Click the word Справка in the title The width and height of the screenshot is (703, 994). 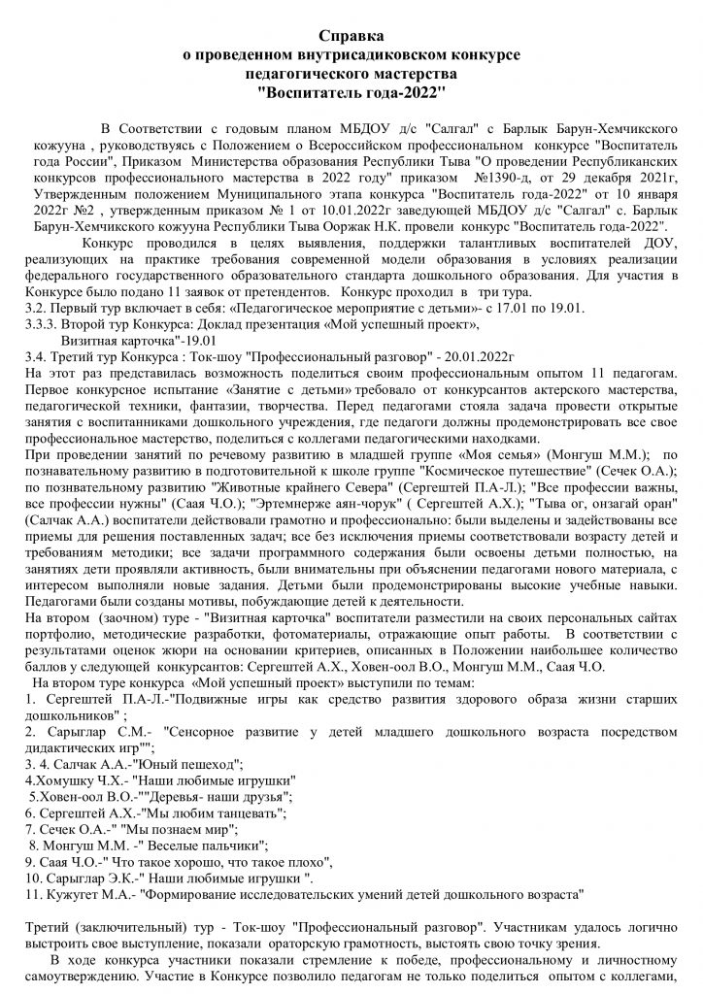click(x=351, y=37)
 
